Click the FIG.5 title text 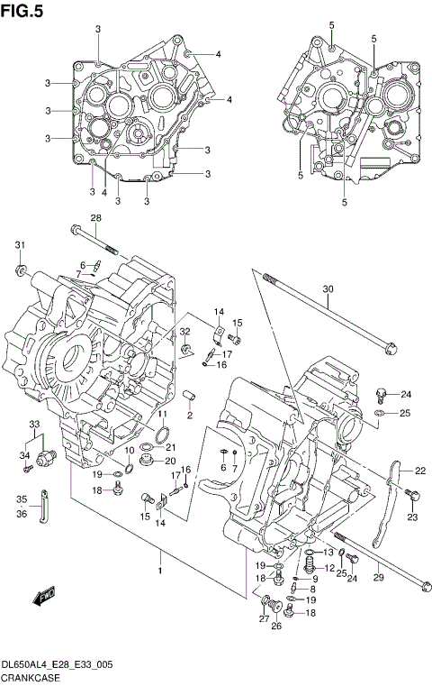(22, 10)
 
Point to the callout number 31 (19, 245)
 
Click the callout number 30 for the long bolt (328, 289)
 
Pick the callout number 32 (184, 333)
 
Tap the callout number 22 (420, 470)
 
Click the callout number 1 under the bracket (160, 570)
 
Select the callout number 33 (34, 424)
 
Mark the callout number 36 (22, 514)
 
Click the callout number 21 (171, 448)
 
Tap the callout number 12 (329, 568)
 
